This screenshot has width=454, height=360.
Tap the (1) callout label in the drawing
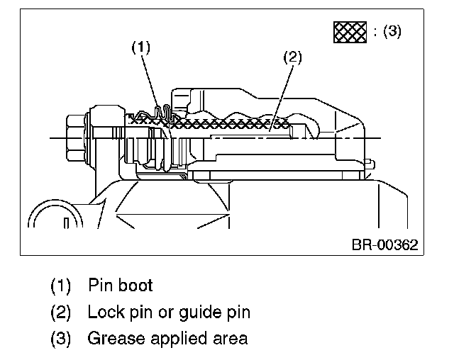coord(141,47)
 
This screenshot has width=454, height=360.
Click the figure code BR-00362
coord(384,244)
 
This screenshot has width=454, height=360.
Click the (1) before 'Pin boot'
coord(62,286)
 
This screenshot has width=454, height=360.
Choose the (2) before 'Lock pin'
coord(62,312)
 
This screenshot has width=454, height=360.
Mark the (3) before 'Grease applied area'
coord(62,338)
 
